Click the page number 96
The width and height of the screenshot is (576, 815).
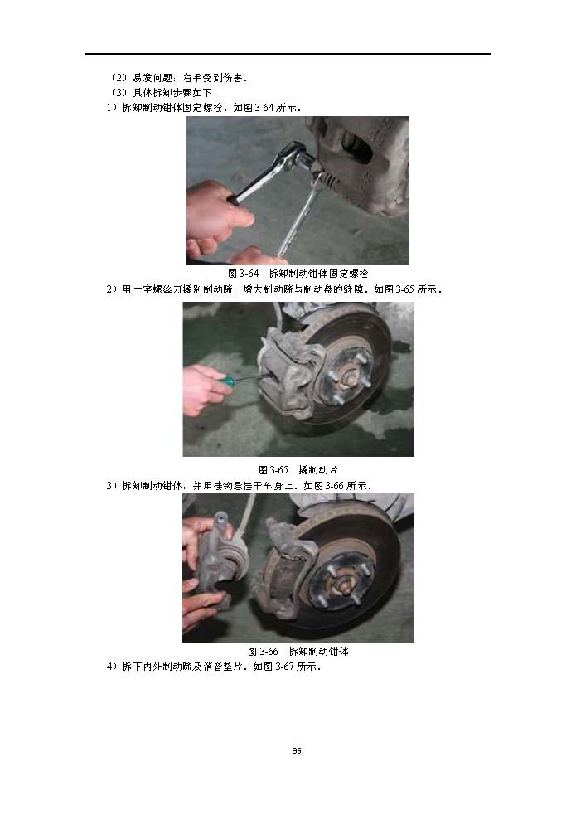[297, 750]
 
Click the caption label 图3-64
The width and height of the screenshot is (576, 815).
[243, 274]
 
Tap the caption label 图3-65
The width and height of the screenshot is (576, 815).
[273, 470]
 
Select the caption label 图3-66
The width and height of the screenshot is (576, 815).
[263, 652]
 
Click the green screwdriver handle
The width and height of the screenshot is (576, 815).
[227, 381]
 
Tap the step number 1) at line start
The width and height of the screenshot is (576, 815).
[112, 108]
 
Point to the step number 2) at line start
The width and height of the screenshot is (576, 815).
[112, 289]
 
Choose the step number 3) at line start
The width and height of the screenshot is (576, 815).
[112, 486]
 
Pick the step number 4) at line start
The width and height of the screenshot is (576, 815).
[112, 667]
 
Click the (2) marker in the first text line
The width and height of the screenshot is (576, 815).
[119, 78]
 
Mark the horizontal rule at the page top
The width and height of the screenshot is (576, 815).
[288, 54]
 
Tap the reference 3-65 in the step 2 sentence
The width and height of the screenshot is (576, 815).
[405, 289]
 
